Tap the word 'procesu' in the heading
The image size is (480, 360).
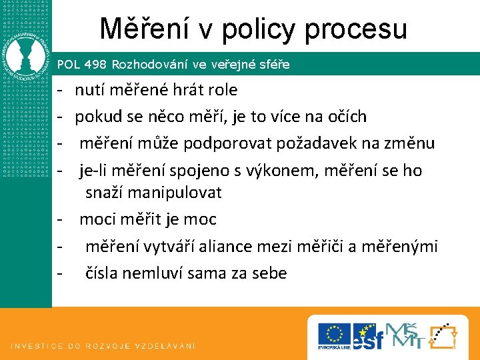(358, 29)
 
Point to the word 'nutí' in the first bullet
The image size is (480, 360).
(90, 89)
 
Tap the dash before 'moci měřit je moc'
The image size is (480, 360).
(59, 219)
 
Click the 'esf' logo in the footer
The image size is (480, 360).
(368, 335)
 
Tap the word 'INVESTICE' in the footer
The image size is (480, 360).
(36, 346)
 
